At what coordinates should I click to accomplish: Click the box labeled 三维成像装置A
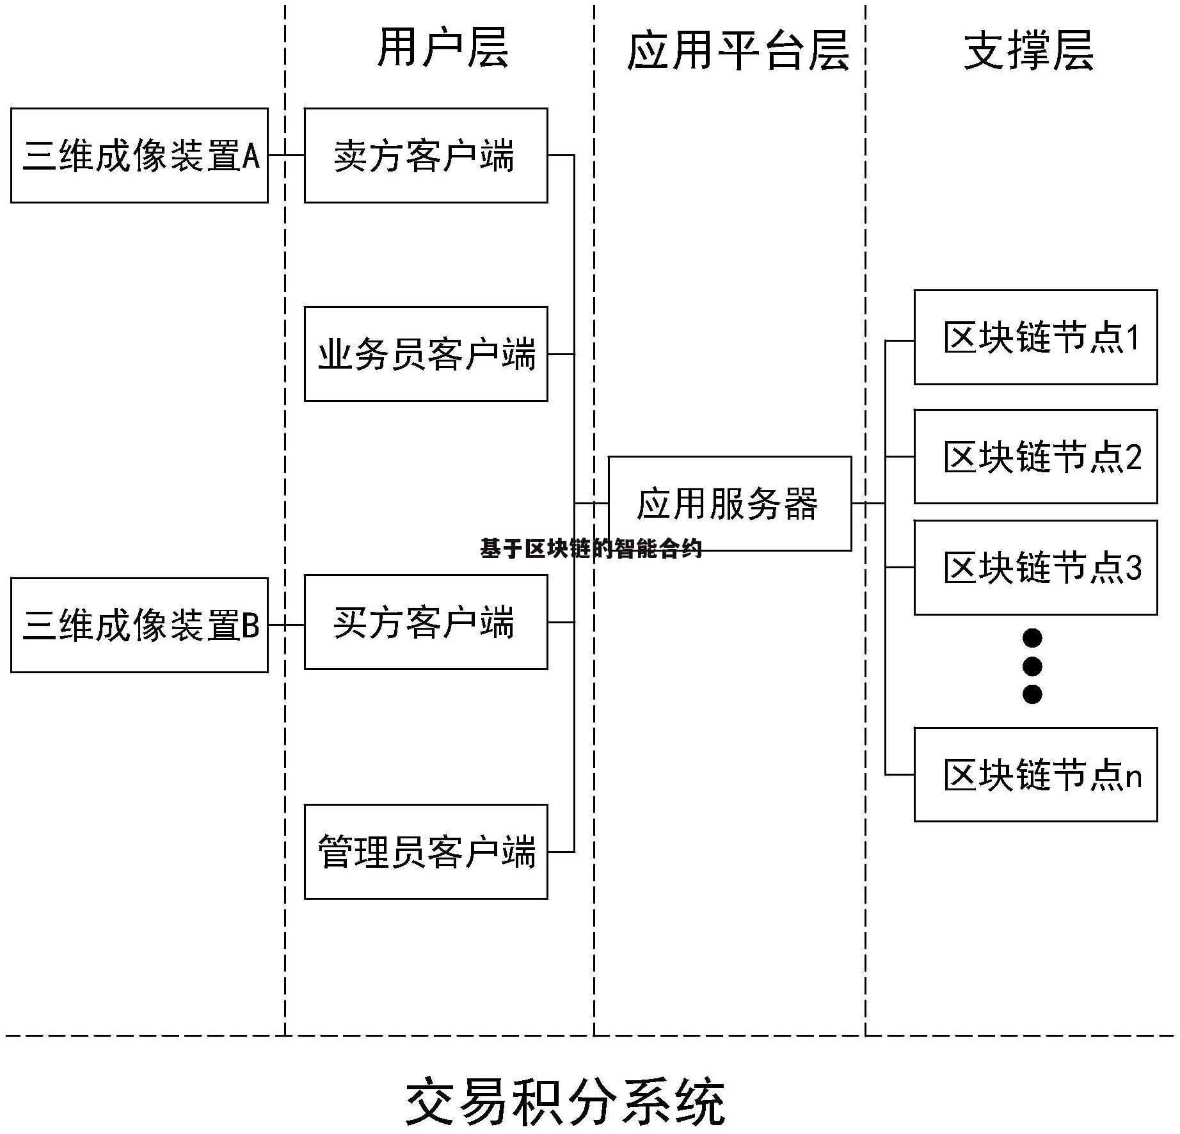pos(139,156)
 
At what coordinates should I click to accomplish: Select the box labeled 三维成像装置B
pos(139,625)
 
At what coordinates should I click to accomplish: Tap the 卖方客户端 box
pos(426,156)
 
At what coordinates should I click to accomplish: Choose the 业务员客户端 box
pos(426,354)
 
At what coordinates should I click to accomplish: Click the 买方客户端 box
pos(426,622)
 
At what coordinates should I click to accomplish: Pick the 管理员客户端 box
pos(426,852)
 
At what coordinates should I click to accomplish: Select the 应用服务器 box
pos(730,503)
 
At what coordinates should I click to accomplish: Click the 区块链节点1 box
pos(1035,337)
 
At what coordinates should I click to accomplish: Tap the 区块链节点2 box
pos(1035,456)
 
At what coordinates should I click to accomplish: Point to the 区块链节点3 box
pos(1035,568)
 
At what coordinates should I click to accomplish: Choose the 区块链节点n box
pos(1035,774)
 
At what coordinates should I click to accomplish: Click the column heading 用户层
pos(443,48)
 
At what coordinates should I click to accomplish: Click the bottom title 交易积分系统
pos(566,1102)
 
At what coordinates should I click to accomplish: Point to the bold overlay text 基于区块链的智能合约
pos(591,548)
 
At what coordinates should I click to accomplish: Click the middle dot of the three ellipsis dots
pos(1032,666)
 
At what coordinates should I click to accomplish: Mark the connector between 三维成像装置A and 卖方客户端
pos(286,155)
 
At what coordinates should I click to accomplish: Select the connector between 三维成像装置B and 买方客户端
pos(286,625)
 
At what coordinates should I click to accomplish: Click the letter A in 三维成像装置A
pos(251,156)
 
